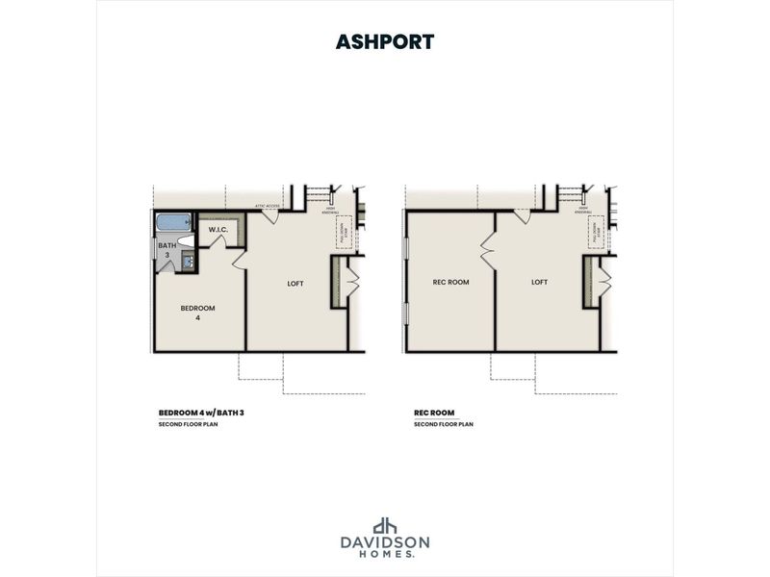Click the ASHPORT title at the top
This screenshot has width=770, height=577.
click(x=385, y=41)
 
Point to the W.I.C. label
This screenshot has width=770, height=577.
click(x=218, y=230)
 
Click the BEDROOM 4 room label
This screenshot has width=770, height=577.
click(x=197, y=312)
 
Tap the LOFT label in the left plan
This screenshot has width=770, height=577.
click(x=295, y=283)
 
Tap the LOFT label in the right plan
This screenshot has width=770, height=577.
click(x=539, y=282)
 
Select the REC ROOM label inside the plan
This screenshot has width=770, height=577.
click(x=450, y=282)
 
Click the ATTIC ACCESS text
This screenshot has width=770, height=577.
click(x=267, y=205)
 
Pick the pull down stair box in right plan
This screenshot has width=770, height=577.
click(x=596, y=231)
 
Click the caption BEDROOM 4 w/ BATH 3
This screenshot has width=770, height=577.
click(x=207, y=412)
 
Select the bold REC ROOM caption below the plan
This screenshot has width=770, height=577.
click(x=434, y=412)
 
